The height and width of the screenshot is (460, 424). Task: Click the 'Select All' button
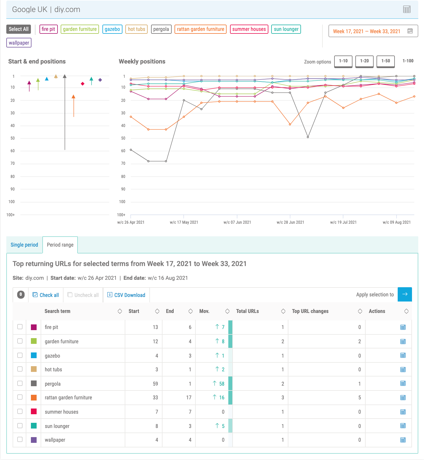pyautogui.click(x=19, y=29)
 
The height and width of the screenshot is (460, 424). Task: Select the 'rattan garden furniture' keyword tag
pyautogui.click(x=200, y=29)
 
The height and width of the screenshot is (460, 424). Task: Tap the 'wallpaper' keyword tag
pyautogui.click(x=19, y=43)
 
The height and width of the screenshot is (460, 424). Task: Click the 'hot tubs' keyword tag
pyautogui.click(x=136, y=29)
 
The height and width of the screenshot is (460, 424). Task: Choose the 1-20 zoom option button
pyautogui.click(x=364, y=61)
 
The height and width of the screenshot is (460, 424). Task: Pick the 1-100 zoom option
pyautogui.click(x=408, y=61)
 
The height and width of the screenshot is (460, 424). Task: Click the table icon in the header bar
pyautogui.click(x=407, y=9)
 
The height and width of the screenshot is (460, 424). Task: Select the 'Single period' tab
pyautogui.click(x=24, y=245)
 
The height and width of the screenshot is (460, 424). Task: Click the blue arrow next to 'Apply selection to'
pyautogui.click(x=405, y=294)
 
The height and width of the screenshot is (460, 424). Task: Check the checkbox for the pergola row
pyautogui.click(x=20, y=383)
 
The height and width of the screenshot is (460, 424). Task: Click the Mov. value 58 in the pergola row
pyautogui.click(x=221, y=384)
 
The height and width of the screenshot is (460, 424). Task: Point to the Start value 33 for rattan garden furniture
pyautogui.click(x=155, y=398)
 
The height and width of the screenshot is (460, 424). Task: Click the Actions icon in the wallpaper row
pyautogui.click(x=403, y=440)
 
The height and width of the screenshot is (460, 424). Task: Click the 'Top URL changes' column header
pyautogui.click(x=310, y=311)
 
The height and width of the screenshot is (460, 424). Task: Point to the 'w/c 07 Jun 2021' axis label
pyautogui.click(x=237, y=222)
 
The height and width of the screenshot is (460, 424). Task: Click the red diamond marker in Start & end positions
pyautogui.click(x=83, y=84)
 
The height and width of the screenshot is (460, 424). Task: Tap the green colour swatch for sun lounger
pyautogui.click(x=34, y=426)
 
